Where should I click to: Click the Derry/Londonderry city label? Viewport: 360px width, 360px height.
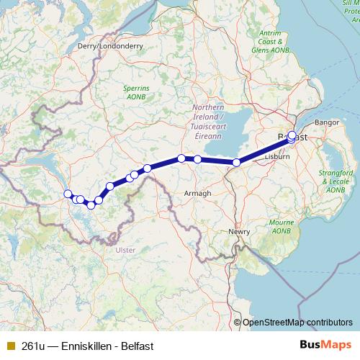(109, 45)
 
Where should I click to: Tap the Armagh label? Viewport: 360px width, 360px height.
(198, 194)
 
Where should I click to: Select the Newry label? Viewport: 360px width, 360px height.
(239, 232)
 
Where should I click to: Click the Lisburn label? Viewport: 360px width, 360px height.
(276, 156)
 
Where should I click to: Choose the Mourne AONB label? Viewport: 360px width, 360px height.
(282, 227)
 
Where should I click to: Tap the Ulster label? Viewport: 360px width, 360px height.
(125, 251)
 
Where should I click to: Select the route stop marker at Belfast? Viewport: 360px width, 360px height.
(292, 135)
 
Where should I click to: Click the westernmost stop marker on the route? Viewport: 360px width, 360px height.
(68, 194)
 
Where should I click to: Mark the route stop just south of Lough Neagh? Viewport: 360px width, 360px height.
(237, 163)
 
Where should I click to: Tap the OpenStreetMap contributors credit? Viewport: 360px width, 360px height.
(297, 323)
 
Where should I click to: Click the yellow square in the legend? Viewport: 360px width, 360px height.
(10, 346)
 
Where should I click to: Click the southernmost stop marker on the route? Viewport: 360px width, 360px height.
(91, 206)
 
